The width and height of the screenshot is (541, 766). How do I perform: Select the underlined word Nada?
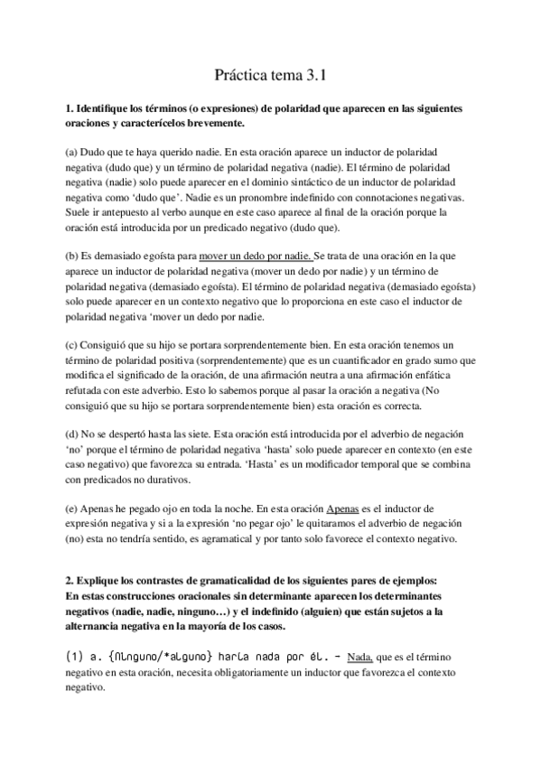tap(359, 657)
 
